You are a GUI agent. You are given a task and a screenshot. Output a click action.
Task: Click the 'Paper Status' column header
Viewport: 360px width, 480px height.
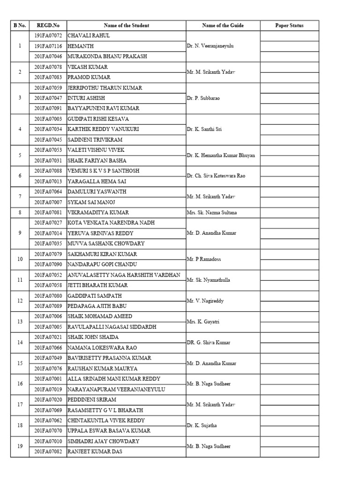click(289, 25)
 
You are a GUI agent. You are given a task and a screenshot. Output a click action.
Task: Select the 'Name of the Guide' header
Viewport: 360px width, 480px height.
click(223, 25)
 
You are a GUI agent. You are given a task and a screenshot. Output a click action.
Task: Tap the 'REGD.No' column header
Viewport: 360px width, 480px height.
click(48, 25)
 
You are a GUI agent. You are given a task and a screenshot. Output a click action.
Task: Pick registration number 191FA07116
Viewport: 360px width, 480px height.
click(48, 46)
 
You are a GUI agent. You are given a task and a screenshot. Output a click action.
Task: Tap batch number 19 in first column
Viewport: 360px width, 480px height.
click(20, 446)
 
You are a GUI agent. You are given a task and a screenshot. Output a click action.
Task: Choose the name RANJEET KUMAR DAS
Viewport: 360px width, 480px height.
click(97, 451)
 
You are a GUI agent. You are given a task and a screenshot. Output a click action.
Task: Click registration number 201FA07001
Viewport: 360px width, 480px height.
click(48, 379)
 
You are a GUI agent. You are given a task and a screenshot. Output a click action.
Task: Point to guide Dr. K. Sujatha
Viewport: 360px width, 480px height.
click(203, 426)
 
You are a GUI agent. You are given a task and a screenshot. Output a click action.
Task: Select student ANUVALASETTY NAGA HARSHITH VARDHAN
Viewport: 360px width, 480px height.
click(124, 275)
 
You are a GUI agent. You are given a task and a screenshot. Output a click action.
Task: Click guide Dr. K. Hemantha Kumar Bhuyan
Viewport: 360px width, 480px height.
click(221, 155)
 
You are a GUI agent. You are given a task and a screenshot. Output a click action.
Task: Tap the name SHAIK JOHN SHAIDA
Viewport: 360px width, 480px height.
click(93, 337)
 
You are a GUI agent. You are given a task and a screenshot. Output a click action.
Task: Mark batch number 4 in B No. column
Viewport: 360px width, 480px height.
click(20, 129)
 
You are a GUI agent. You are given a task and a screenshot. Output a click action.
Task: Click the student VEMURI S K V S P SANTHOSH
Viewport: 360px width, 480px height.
click(104, 171)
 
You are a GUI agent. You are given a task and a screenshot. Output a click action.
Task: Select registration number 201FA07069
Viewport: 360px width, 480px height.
click(48, 410)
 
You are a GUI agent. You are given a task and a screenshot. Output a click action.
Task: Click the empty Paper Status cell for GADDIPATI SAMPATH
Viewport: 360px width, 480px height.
click(289, 295)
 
